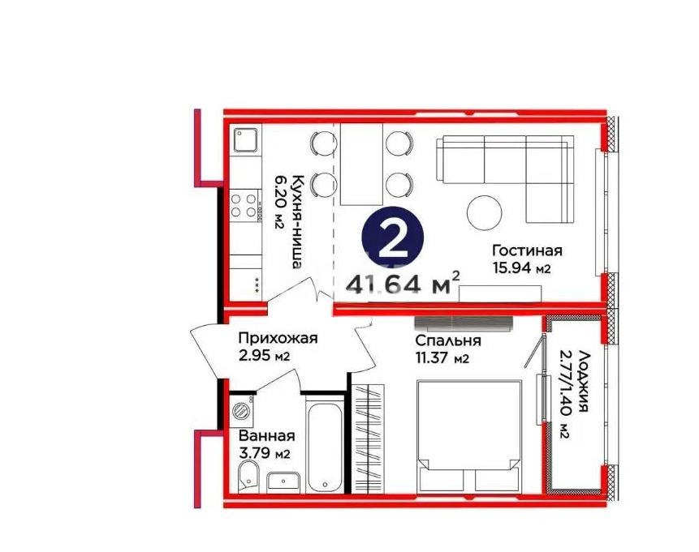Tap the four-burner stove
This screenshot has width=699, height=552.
point(244,204)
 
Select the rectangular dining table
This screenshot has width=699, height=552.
point(361,165)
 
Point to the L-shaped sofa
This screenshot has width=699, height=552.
point(503,166)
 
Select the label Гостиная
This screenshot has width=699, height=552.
point(527,251)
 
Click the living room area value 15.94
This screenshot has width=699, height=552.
point(520,269)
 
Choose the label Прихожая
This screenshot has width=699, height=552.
point(277,339)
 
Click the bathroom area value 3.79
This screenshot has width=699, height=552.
point(259,454)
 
